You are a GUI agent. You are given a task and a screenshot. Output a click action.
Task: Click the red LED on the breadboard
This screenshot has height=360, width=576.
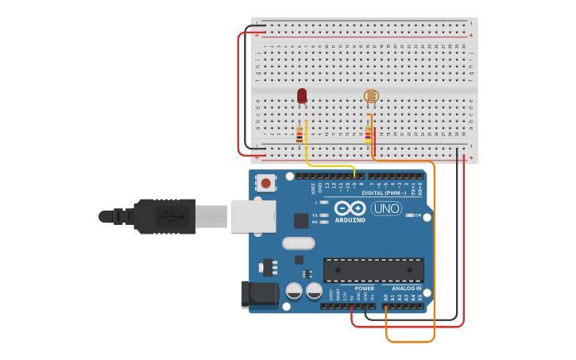coord(302,95)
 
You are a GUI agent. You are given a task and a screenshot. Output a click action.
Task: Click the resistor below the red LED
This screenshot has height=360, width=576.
coord(300,135)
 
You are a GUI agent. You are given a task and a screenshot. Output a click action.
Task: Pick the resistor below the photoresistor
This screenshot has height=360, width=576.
coord(368,134)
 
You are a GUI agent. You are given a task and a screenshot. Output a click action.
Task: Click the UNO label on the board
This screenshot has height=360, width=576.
coord(386,208)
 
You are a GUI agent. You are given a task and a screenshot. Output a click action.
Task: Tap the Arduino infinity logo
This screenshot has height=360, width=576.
coord(350,208)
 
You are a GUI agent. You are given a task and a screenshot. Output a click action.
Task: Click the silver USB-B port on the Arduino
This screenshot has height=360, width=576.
coord(253,216)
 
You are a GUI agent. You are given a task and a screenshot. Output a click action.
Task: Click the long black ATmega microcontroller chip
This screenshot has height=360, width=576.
coord(373,269)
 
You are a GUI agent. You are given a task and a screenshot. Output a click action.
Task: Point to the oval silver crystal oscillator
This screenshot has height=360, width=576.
coord(298,244)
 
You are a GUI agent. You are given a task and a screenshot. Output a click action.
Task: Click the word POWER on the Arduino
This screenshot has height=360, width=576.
coord(365,288)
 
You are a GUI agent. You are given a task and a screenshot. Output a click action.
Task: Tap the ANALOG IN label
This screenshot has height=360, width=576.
coord(408,288)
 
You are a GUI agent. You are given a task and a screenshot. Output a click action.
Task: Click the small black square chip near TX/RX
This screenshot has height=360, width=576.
coord(301,220)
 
